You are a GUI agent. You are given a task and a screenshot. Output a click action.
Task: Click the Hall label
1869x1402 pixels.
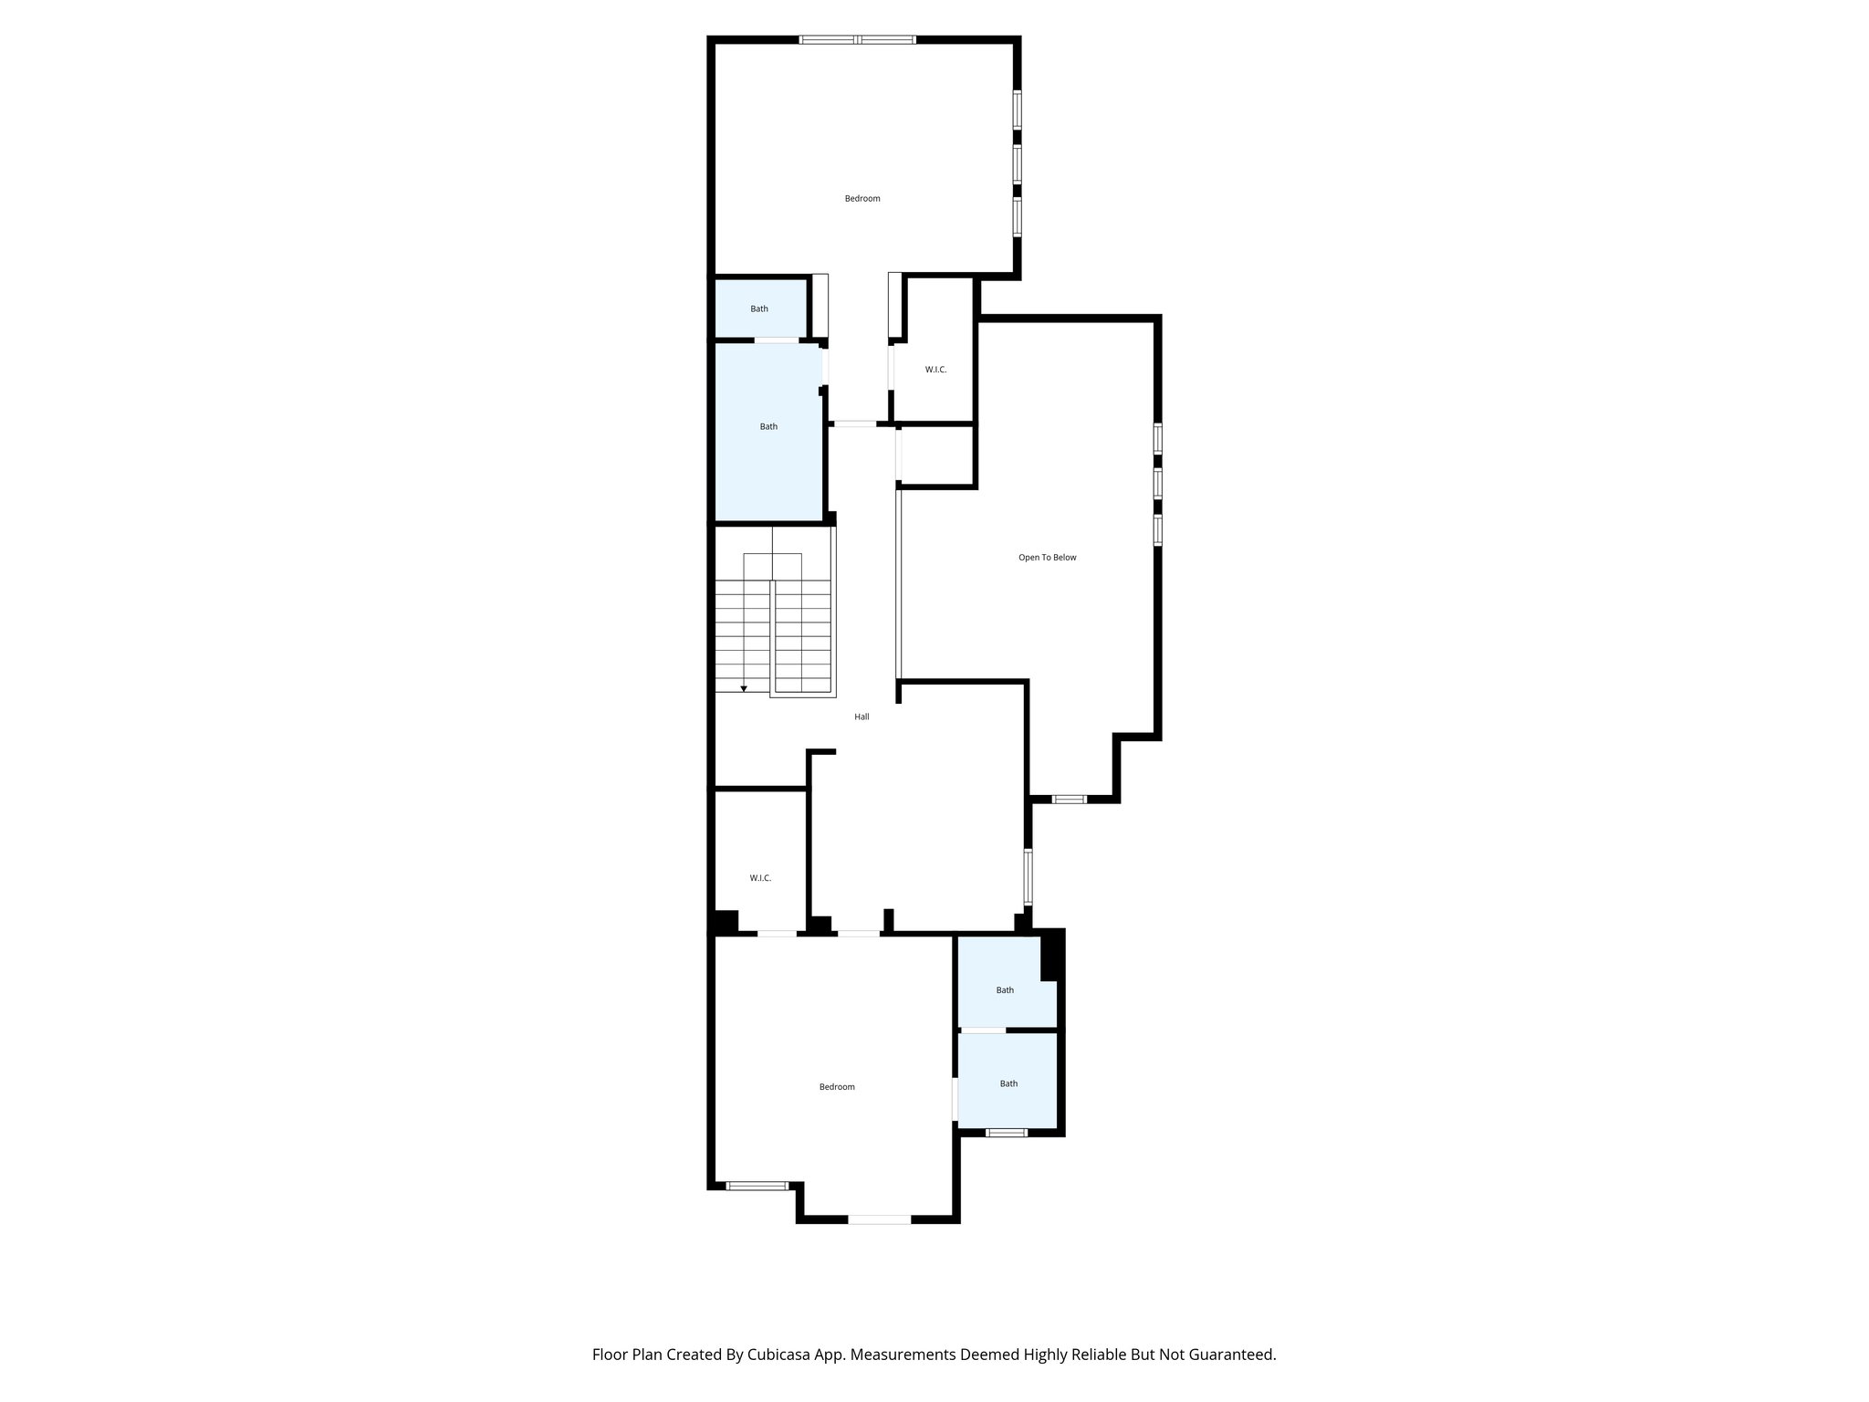(861, 717)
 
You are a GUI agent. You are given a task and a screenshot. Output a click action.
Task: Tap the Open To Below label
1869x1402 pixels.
(1047, 557)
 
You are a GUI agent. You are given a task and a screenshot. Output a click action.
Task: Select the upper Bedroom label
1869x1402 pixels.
(861, 198)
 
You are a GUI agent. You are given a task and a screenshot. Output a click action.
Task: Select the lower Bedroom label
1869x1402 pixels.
(836, 1086)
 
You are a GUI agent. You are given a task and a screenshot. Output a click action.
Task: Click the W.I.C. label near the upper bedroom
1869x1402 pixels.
(935, 370)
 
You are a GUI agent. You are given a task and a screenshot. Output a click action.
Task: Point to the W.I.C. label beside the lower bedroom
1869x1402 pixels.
(760, 878)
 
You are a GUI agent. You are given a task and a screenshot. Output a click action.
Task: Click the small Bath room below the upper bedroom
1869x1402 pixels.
(759, 309)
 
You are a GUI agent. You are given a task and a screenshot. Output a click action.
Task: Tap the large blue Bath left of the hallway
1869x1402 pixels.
(768, 426)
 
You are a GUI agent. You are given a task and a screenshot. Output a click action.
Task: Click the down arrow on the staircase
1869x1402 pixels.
(744, 688)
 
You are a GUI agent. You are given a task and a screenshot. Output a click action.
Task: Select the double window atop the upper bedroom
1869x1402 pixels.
(858, 39)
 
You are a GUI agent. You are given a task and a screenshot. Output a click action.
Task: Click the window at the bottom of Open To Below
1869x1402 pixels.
(1069, 800)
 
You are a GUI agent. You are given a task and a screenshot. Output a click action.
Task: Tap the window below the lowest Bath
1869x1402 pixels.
(1006, 1133)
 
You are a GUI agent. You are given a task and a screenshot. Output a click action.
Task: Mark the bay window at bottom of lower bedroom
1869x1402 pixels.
(879, 1219)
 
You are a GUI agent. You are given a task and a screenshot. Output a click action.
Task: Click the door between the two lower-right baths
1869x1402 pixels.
(983, 1031)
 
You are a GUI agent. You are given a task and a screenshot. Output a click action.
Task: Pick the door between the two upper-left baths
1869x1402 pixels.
(777, 340)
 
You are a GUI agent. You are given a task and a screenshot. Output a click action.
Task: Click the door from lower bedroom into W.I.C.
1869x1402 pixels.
(777, 933)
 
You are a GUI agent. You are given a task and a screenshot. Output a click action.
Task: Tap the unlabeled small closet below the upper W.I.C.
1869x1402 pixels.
(937, 455)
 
